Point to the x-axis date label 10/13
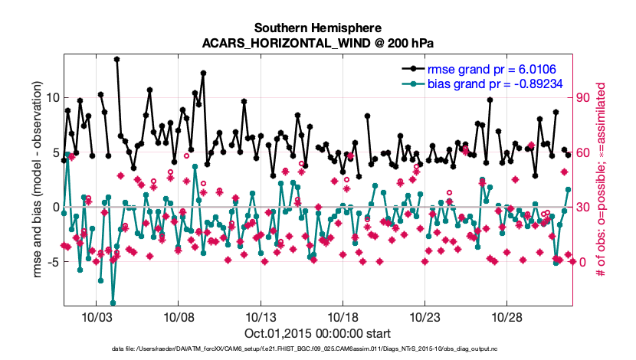pyautogui.click(x=261, y=316)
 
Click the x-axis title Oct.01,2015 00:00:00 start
pyautogui.click(x=317, y=333)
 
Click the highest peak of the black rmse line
pyautogui.click(x=116, y=59)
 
